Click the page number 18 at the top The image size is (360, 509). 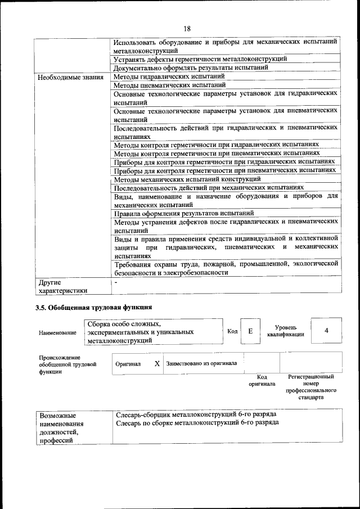tap(187, 29)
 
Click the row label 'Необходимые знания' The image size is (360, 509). tap(70, 77)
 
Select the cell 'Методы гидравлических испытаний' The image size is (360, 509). tap(169, 76)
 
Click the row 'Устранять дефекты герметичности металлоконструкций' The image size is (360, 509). tap(200, 58)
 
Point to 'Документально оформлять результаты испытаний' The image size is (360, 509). tap(190, 67)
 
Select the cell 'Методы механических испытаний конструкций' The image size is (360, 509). tap(187, 179)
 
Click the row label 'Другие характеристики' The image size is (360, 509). tap(62, 286)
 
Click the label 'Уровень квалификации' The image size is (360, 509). tap(286, 331)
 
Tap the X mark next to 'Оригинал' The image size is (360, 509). tap(157, 363)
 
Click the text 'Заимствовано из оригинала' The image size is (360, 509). tap(201, 363)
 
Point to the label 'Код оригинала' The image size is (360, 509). tap(262, 381)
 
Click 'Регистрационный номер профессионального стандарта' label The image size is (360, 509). tap(310, 386)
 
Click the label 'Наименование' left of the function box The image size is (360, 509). tap(57, 333)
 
